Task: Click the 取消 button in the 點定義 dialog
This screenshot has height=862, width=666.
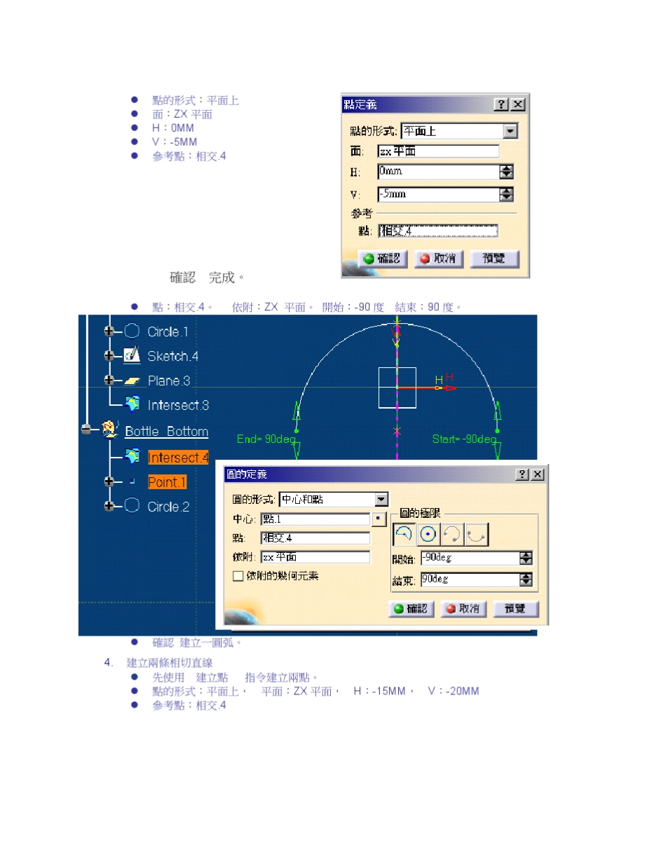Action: click(438, 259)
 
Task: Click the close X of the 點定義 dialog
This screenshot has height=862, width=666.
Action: click(517, 104)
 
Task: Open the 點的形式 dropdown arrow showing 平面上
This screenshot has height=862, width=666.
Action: click(510, 131)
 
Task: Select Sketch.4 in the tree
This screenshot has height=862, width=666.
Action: click(172, 356)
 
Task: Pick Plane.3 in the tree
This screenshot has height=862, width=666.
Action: click(169, 381)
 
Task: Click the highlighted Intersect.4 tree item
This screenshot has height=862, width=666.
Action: click(178, 458)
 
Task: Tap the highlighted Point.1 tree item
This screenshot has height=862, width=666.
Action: click(167, 482)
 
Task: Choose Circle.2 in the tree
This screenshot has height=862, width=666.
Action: click(168, 507)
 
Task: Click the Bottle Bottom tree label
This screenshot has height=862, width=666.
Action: click(166, 431)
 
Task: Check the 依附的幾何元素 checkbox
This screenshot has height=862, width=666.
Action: click(238, 575)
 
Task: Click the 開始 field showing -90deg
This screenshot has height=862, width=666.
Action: click(469, 559)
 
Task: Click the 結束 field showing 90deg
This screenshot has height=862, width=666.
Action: click(469, 580)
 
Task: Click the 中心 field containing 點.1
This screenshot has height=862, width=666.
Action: click(315, 519)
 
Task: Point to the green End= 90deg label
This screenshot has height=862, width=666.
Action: click(261, 439)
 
